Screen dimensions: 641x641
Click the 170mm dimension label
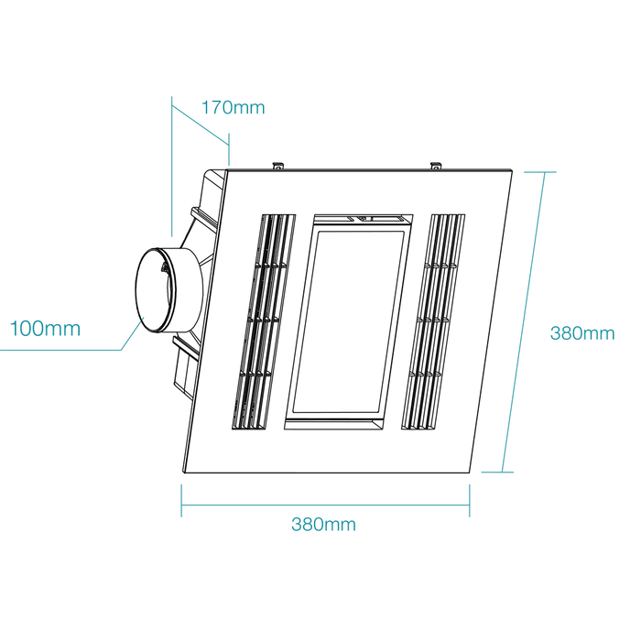pyautogui.click(x=233, y=107)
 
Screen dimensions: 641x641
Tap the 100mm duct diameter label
pyautogui.click(x=45, y=329)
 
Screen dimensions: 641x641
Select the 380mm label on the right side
pyautogui.click(x=582, y=333)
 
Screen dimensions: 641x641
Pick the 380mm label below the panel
pyautogui.click(x=323, y=524)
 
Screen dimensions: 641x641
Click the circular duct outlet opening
pyautogui.click(x=156, y=290)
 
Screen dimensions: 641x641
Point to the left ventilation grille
pyautogui.click(x=264, y=321)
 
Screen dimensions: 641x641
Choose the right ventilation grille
pyautogui.click(x=433, y=321)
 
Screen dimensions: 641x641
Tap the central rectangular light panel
pyautogui.click(x=349, y=321)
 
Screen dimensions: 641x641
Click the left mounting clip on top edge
pyautogui.click(x=278, y=165)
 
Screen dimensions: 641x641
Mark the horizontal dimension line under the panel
pyautogui.click(x=325, y=505)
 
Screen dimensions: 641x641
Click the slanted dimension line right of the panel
pyautogui.click(x=524, y=322)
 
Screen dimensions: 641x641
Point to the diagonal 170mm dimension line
pyautogui.click(x=201, y=125)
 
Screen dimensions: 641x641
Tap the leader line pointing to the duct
pyautogui.click(x=132, y=335)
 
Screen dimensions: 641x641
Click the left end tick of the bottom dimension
pyautogui.click(x=181, y=501)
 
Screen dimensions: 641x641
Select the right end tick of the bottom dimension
pyautogui.click(x=470, y=501)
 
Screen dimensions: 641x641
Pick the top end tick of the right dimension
pyautogui.click(x=540, y=172)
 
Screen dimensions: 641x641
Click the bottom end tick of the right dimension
pyautogui.click(x=497, y=473)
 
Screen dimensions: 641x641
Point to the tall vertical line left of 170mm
pyautogui.click(x=172, y=167)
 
